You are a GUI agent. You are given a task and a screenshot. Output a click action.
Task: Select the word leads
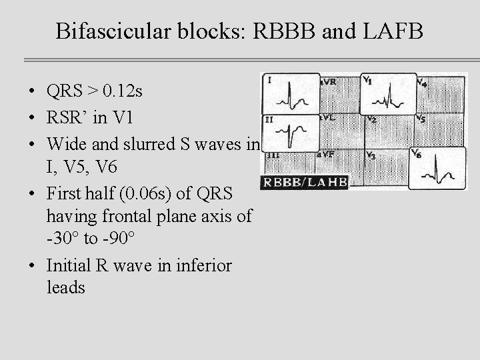coord(65,287)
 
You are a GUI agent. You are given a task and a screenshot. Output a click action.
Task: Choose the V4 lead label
coord(421,82)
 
